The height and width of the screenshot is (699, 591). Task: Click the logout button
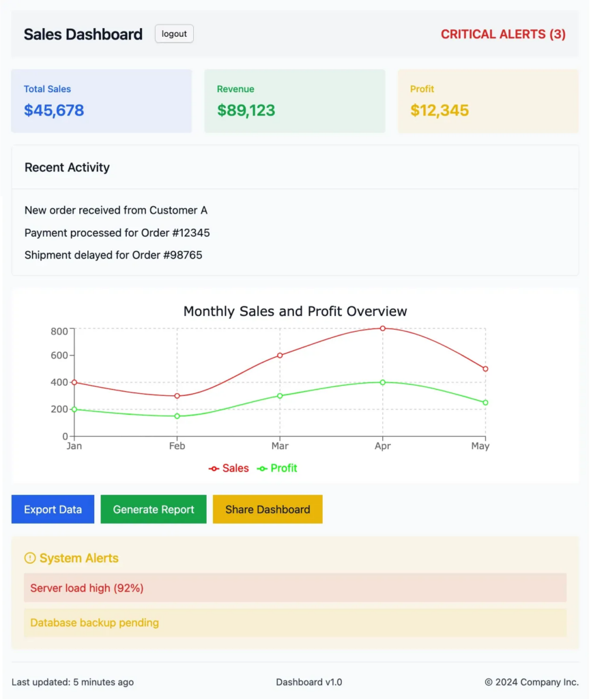(174, 34)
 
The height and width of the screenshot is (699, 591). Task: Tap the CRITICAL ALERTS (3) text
(503, 34)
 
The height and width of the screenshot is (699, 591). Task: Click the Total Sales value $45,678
(54, 111)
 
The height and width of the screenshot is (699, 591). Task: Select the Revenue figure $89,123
(246, 111)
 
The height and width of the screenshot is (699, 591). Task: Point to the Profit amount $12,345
(439, 111)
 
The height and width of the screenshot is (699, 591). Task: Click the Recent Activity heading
(67, 167)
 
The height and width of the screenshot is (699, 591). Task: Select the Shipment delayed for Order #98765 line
(113, 255)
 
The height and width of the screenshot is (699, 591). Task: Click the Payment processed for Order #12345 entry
(117, 233)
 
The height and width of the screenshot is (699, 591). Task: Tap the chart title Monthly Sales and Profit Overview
(295, 311)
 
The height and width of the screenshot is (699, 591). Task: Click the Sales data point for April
(383, 328)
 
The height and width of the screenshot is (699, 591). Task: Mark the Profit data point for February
(177, 416)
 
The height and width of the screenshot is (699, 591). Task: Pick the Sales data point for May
(485, 369)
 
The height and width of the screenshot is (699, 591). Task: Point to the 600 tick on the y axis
(59, 355)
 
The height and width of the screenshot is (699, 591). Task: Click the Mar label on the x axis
(280, 446)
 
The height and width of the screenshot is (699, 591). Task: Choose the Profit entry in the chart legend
(277, 468)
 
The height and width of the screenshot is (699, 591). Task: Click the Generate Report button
(154, 509)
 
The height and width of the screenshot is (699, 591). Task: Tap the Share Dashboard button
(268, 509)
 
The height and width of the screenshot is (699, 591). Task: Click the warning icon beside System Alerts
(29, 558)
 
